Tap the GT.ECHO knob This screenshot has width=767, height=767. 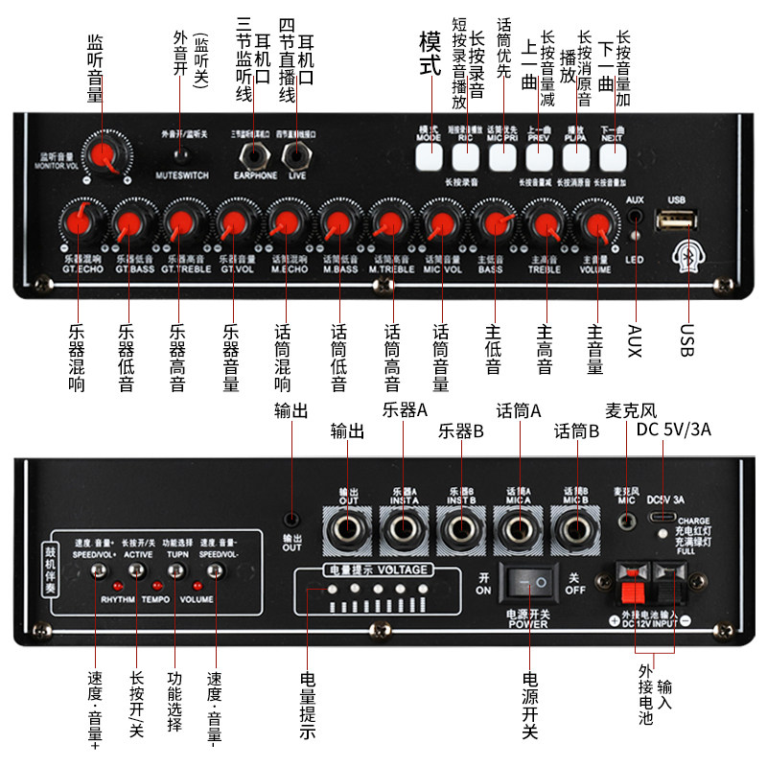[78, 222]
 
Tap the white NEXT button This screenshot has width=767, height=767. [613, 156]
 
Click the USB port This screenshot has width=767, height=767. [675, 221]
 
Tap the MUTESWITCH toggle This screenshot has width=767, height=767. [179, 154]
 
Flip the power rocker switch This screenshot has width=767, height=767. [530, 580]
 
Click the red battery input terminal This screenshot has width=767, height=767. [634, 580]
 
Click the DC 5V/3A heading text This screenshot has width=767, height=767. [673, 429]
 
